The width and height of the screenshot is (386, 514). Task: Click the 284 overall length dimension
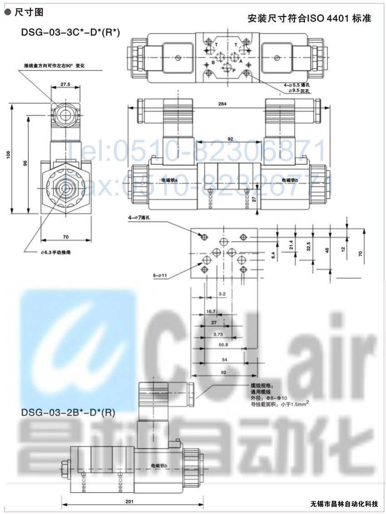pyautogui.click(x=222, y=104)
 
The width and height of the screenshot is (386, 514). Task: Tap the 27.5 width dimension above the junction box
pyautogui.click(x=66, y=84)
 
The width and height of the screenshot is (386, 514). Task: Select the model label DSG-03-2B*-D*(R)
pyautogui.click(x=68, y=413)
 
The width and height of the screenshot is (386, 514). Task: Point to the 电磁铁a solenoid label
pyautogui.click(x=169, y=180)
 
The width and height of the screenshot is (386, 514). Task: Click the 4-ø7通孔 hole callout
pyautogui.click(x=142, y=218)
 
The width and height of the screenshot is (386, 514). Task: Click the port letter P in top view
pyautogui.click(x=234, y=71)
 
